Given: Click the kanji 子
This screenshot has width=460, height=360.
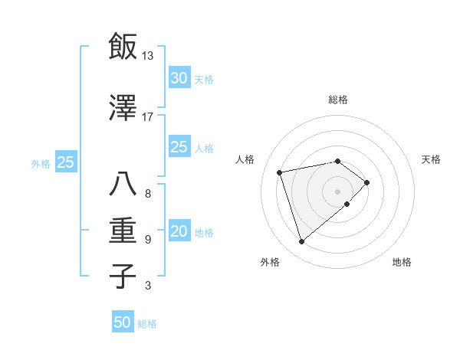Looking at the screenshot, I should point(123,277).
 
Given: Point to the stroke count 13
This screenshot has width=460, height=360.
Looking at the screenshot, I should point(147,56).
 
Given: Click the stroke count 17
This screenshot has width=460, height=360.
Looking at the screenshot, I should point(147,117).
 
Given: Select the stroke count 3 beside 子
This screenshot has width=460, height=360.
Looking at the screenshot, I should point(147,286).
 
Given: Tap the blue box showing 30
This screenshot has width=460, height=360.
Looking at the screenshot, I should point(179,78).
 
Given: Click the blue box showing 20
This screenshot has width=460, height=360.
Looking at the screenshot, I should point(179,232).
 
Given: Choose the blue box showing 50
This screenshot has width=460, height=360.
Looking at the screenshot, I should point(122,322).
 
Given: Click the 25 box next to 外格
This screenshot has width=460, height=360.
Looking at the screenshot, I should point(65,162).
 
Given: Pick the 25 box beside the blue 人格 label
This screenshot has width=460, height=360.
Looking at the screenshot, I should point(179,147).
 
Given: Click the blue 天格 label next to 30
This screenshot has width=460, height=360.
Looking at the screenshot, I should point(204,79).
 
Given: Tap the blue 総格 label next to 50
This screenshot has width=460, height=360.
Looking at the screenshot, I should point(147,323).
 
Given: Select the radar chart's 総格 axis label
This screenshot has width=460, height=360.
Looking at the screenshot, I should point(338,100).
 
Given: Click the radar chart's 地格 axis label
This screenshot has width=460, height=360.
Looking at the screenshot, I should point(402,262).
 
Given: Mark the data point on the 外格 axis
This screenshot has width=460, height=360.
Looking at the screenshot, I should point(302,241).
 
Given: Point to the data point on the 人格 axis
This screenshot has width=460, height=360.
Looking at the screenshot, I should point(280,172).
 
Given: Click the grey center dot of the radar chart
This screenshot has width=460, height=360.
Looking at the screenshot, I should point(337,190).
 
